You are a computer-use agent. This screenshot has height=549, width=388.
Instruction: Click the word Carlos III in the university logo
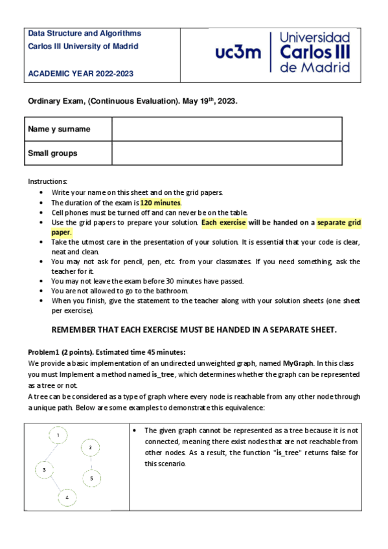[315, 52]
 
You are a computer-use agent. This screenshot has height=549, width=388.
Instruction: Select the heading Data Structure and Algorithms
[84, 33]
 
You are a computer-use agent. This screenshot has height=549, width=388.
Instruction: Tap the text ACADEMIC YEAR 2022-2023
[80, 74]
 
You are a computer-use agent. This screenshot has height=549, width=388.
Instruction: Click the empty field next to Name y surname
[227, 129]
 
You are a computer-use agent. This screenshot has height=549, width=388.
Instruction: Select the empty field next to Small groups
[227, 153]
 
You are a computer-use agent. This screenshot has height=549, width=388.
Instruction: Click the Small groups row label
[52, 153]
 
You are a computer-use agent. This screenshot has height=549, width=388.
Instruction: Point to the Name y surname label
[59, 129]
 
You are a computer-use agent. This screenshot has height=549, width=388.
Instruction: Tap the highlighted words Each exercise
[223, 223]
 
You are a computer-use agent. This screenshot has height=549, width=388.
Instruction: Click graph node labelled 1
[58, 435]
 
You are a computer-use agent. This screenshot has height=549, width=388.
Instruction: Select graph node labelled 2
[91, 447]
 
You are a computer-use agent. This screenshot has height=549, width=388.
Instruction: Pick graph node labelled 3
[44, 469]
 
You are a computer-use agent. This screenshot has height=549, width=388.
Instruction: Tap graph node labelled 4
[67, 497]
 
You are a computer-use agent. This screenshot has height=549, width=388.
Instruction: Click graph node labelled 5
[91, 478]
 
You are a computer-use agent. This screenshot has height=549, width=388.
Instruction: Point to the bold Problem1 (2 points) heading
[63, 352]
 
